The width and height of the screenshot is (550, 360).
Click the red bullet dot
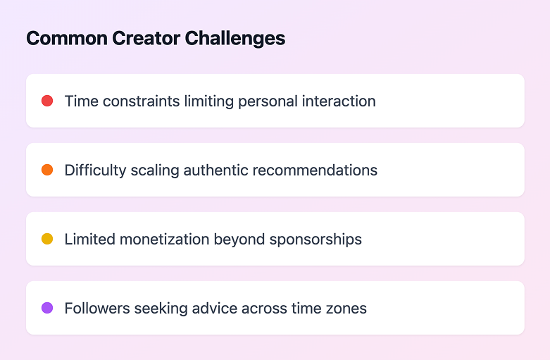click(x=47, y=101)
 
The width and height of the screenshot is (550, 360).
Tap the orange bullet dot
click(x=47, y=170)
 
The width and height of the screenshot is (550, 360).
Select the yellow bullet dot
click(x=47, y=239)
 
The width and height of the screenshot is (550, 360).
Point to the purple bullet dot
click(x=47, y=308)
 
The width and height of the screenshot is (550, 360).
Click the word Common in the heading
click(x=67, y=38)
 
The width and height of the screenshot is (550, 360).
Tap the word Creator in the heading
click(x=146, y=38)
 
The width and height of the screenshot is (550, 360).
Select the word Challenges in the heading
click(x=235, y=39)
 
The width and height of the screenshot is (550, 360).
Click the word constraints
click(x=141, y=101)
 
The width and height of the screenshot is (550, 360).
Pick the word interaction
click(x=339, y=101)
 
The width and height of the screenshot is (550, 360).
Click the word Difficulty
click(x=95, y=171)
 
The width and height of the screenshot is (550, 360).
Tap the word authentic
click(x=215, y=170)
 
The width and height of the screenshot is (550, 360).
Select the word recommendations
click(x=315, y=170)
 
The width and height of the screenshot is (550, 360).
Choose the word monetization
click(x=165, y=240)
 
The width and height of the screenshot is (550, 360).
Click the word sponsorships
click(x=315, y=240)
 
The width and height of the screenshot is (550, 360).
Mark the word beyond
click(x=239, y=240)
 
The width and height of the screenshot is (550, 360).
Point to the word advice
click(x=215, y=309)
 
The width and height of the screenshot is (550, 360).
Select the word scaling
click(x=155, y=171)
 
